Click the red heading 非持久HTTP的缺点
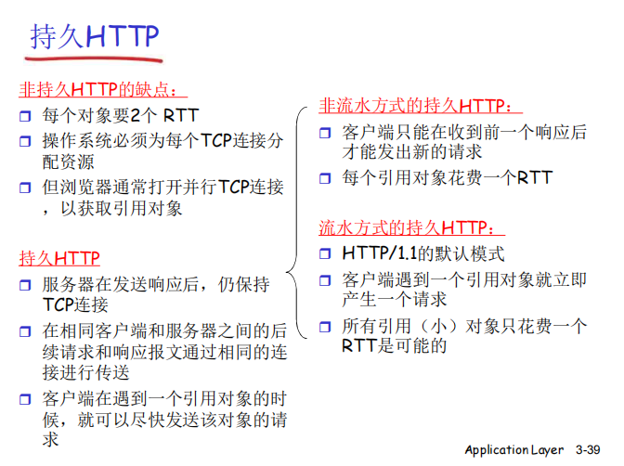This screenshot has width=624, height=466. (103, 90)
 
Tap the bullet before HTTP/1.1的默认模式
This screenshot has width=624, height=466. (325, 253)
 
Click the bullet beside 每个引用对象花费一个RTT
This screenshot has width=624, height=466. (325, 177)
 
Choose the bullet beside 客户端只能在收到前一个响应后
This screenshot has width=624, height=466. (325, 133)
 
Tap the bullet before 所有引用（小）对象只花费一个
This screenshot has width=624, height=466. (325, 327)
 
